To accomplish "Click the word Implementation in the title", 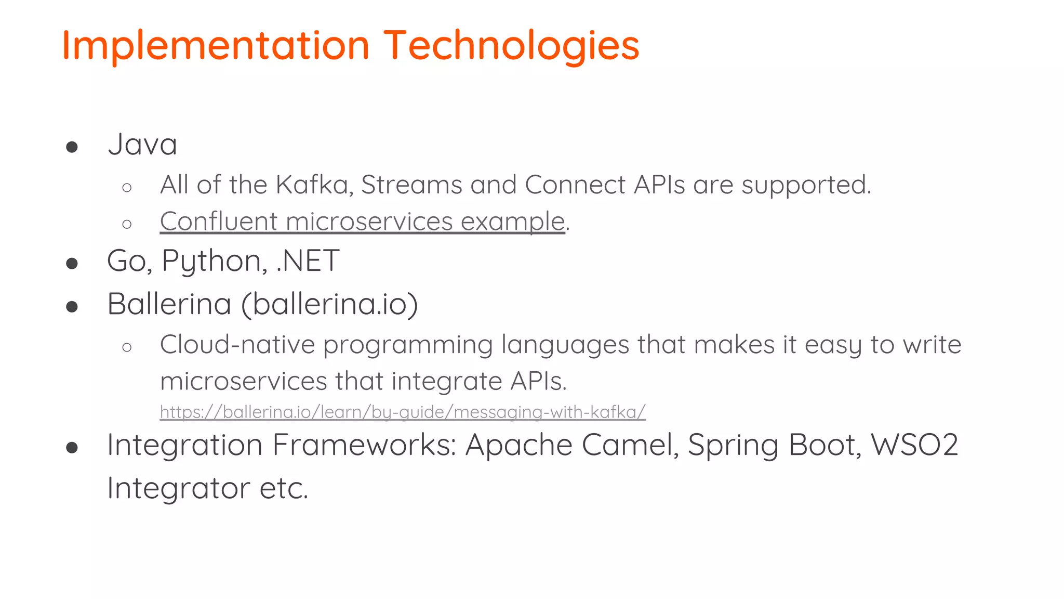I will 216,46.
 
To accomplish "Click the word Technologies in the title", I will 511,46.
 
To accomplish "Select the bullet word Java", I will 142,145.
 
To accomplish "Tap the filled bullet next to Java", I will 72,147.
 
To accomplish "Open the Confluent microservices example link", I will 362,222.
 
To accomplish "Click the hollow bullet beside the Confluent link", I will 127,224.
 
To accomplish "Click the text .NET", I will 308,261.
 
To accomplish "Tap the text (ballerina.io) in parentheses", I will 330,304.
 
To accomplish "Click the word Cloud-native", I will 237,345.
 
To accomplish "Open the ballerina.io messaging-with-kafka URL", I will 403,412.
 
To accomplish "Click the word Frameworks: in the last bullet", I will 364,445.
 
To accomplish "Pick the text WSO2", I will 914,445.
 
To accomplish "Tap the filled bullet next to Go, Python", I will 72,263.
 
